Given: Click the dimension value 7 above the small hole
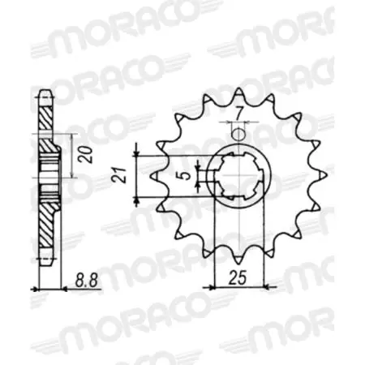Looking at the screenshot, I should pos(240,112).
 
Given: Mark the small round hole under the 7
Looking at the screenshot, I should pos(238,134).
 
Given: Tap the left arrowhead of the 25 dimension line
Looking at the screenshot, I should pos(213,286).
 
